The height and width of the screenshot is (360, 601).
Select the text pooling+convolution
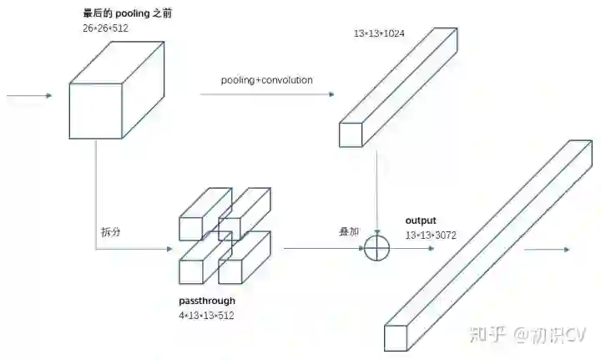[x=266, y=80]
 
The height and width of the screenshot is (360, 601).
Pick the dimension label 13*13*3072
[x=433, y=236]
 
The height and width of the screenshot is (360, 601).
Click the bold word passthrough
[x=207, y=301]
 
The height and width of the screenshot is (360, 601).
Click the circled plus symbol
[x=378, y=248]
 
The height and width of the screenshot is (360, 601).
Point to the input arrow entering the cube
[x=28, y=96]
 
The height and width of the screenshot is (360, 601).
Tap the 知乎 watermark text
[x=487, y=336]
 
